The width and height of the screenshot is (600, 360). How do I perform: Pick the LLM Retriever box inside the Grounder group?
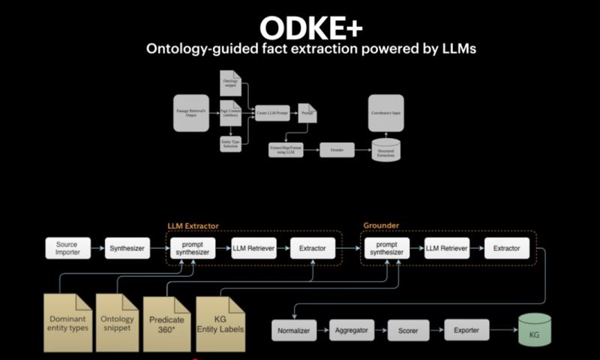pos(447,247)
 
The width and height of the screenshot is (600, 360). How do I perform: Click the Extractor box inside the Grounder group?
pos(506,247)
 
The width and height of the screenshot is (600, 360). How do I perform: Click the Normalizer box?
pos(294,330)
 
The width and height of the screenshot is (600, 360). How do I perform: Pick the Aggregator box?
pos(351,330)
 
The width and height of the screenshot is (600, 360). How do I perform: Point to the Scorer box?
pos(409,330)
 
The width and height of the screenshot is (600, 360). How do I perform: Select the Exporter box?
pos(466,329)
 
